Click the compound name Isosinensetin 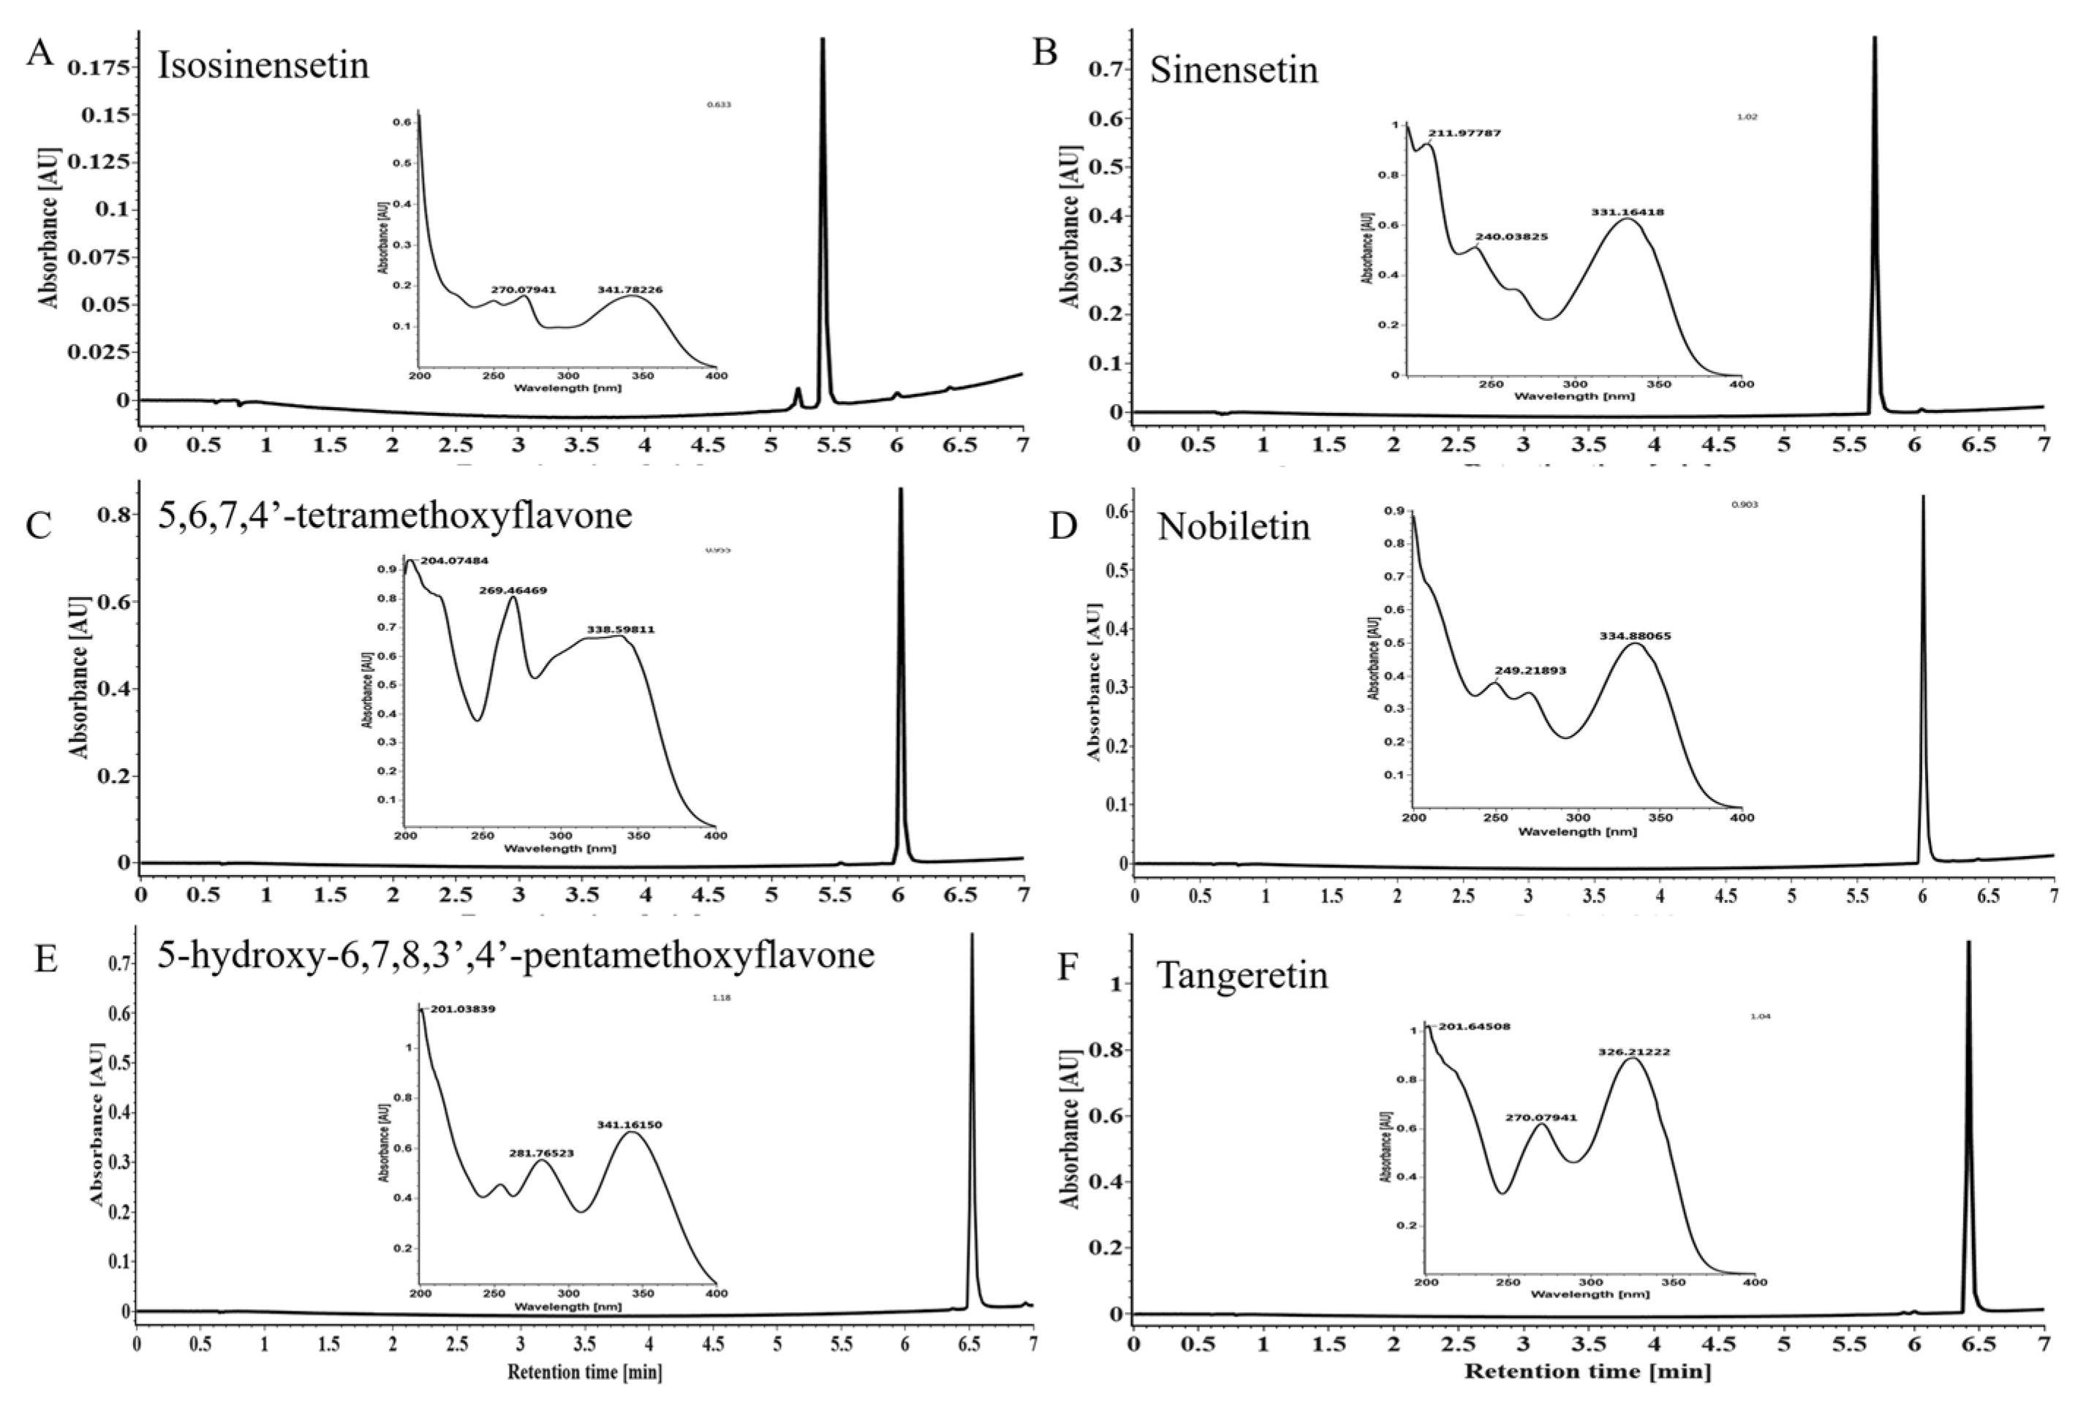point(263,67)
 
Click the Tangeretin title point(1242,976)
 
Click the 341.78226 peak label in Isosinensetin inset point(630,289)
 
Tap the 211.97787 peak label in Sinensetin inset point(1464,133)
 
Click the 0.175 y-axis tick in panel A point(102,67)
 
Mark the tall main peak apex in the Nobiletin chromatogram point(1922,497)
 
